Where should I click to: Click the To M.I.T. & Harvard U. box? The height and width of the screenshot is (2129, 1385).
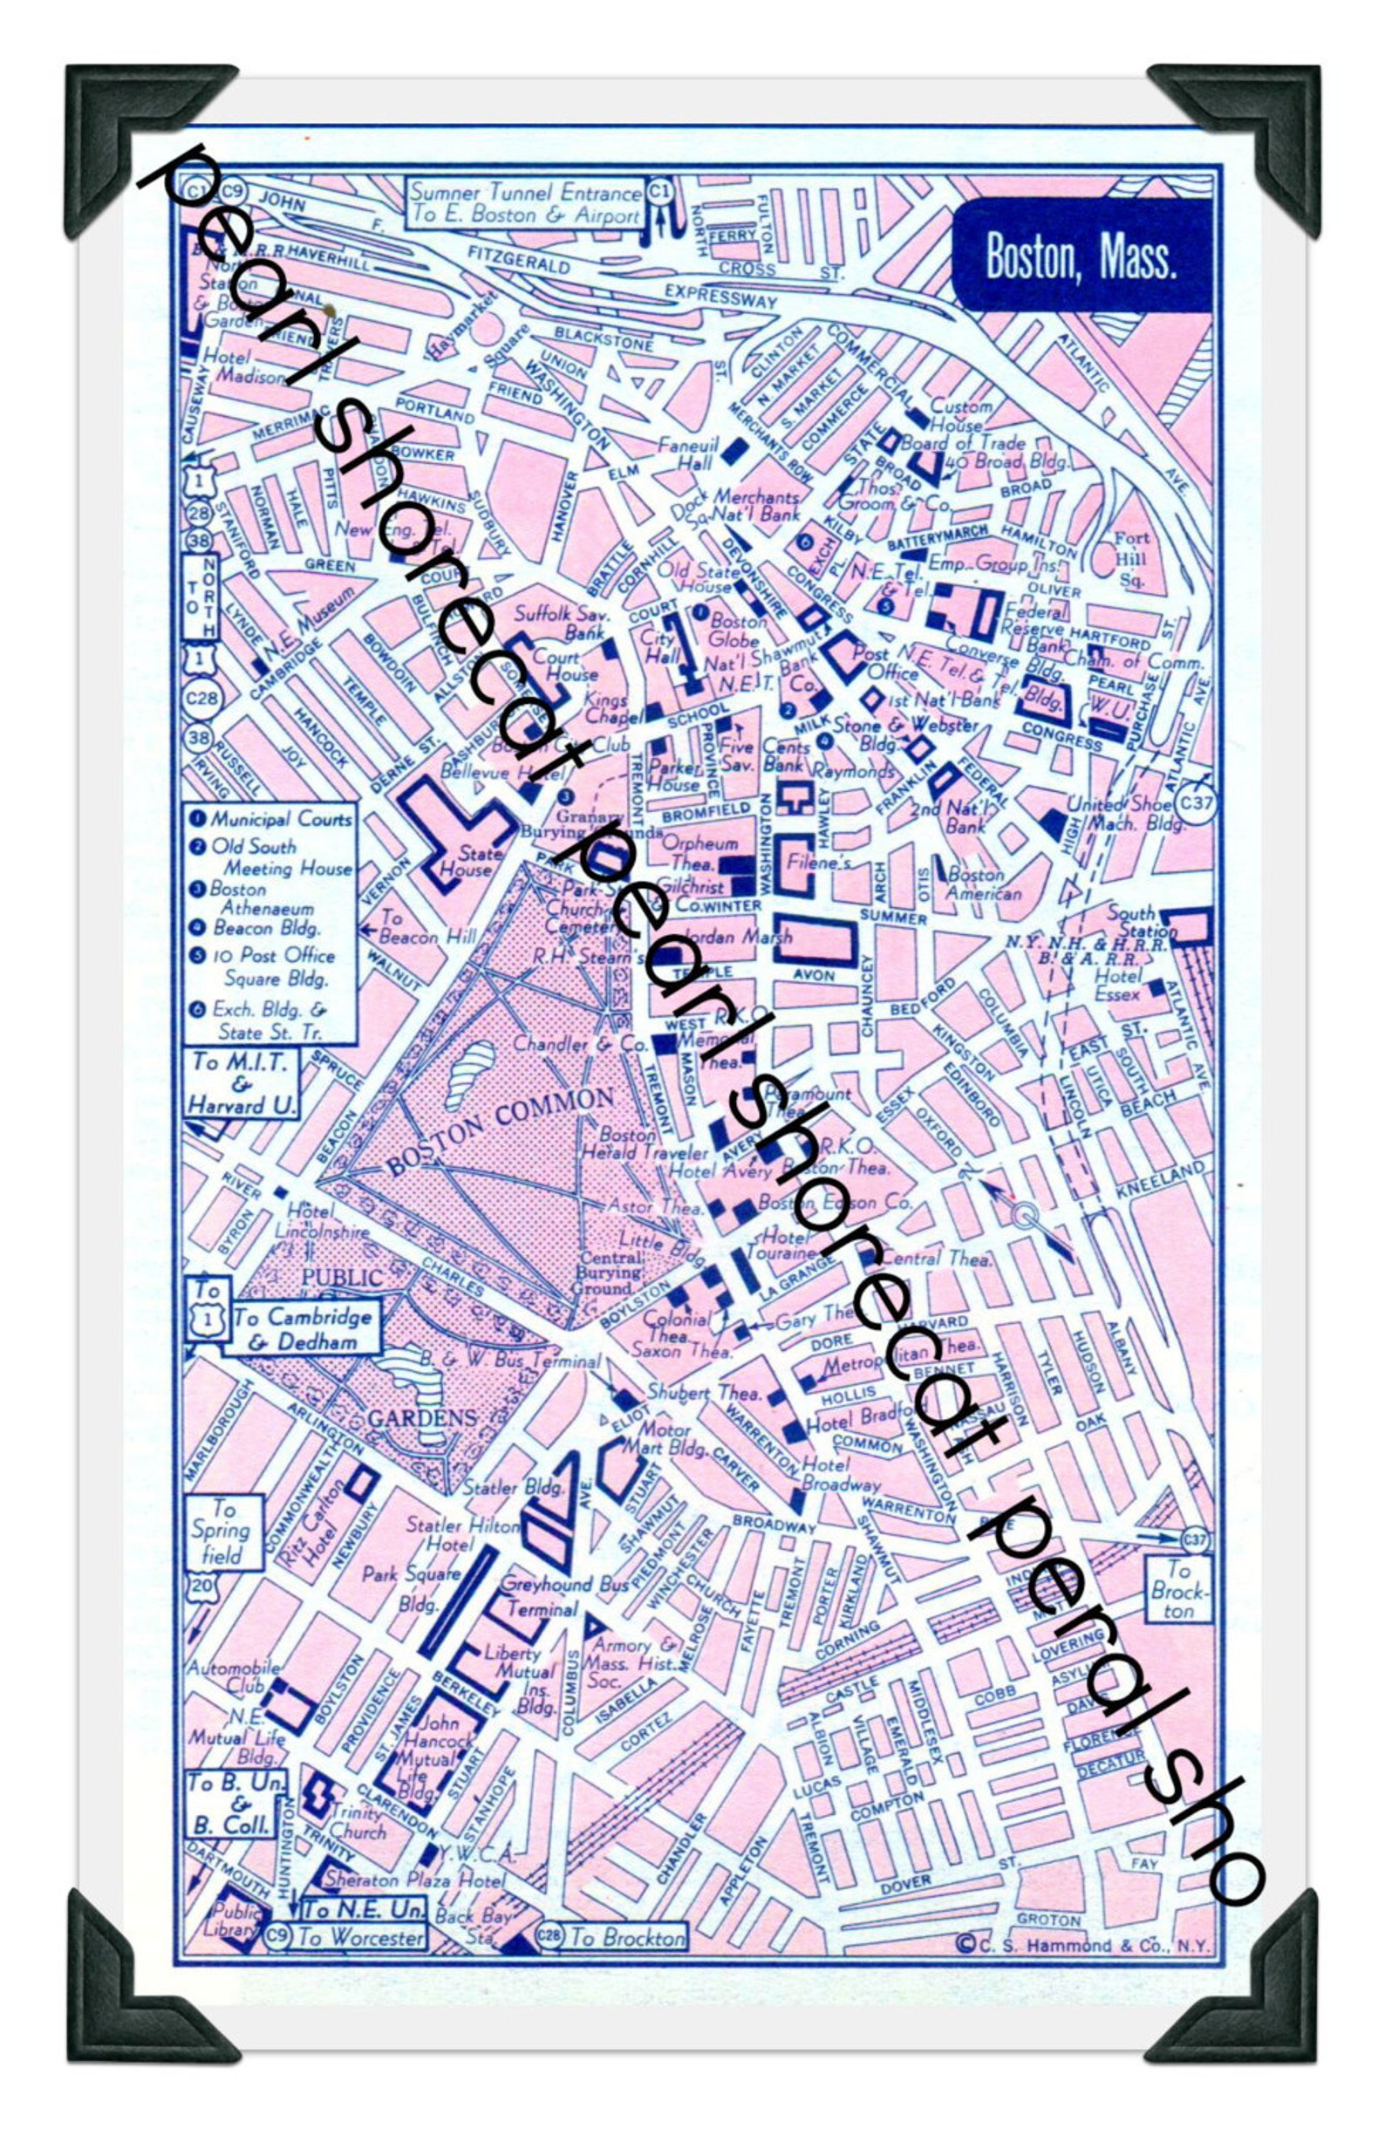click(242, 1084)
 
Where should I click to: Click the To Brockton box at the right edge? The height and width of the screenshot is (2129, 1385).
click(1178, 1589)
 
